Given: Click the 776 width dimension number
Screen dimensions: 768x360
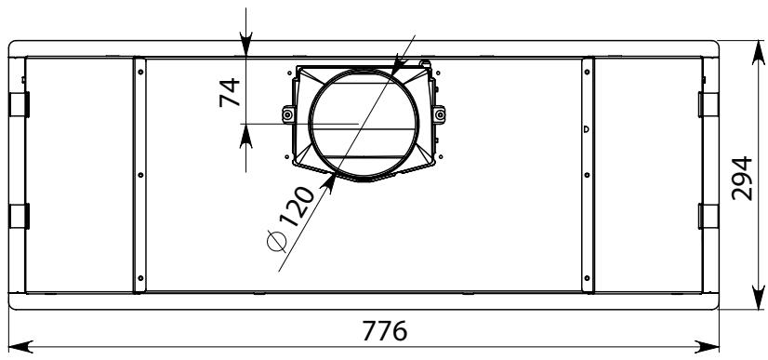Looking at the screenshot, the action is [x=385, y=331].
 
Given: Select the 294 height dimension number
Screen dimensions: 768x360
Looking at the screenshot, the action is [x=742, y=179].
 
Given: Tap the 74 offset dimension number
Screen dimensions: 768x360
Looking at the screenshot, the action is [x=230, y=92].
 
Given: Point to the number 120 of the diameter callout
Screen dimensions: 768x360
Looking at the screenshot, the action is [x=298, y=207].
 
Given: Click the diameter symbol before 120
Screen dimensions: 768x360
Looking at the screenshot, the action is [x=277, y=242].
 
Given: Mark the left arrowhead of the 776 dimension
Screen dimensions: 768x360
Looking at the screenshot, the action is [x=20, y=347].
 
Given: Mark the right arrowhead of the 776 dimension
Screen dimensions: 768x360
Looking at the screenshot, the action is [x=708, y=347].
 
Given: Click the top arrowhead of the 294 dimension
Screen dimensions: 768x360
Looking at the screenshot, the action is [x=758, y=52].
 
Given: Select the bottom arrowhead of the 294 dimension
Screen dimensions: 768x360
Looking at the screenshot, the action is [x=758, y=298].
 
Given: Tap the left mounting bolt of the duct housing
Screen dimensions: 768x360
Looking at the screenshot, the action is [x=288, y=114].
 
